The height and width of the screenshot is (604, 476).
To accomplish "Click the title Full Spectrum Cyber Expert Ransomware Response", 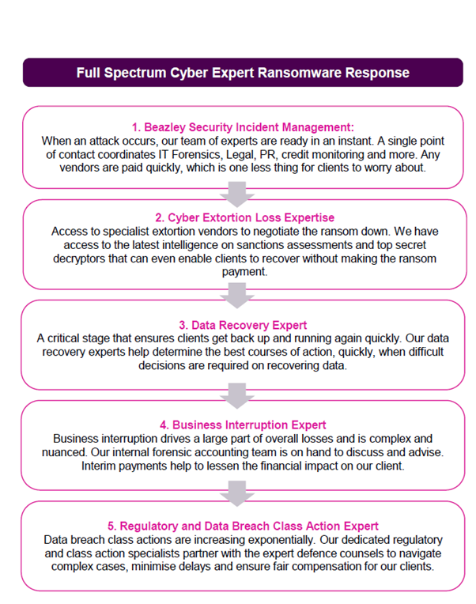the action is (x=243, y=73).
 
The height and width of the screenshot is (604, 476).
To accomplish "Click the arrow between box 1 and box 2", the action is (x=237, y=194).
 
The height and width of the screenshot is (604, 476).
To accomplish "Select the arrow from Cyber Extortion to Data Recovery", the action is (x=237, y=296).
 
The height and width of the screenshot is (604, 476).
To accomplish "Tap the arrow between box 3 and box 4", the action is (x=237, y=395).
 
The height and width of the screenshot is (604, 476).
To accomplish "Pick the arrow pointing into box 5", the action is (x=237, y=493).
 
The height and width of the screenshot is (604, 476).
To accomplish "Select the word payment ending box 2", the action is (x=244, y=272).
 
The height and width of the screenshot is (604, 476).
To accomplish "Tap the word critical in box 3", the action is (x=65, y=338).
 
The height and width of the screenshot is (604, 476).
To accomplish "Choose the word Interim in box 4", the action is (x=98, y=466).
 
